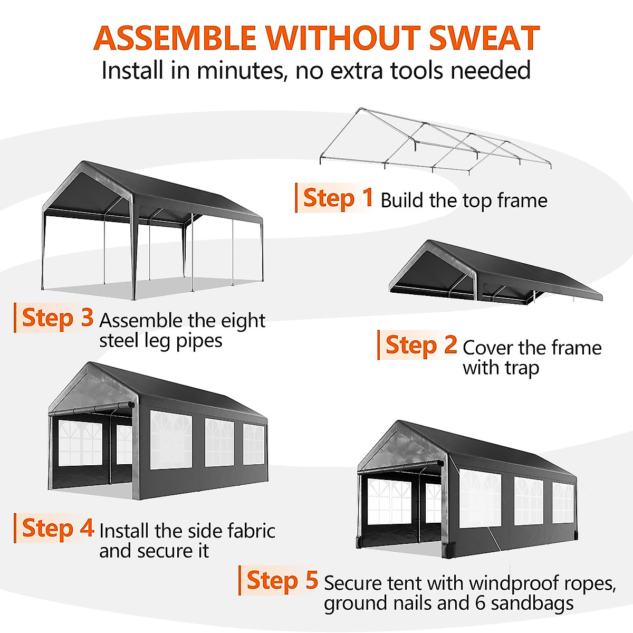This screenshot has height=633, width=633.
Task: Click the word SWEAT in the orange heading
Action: click(x=484, y=38)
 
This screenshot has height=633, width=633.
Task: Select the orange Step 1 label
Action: click(x=338, y=198)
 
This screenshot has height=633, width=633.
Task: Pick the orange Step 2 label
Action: click(x=421, y=346)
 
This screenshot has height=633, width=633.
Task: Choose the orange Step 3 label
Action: click(x=57, y=318)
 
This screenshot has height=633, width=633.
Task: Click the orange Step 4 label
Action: click(x=57, y=529)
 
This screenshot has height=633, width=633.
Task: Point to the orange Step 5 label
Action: click(x=282, y=581)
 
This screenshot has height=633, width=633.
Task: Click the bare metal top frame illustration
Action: click(x=435, y=140)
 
